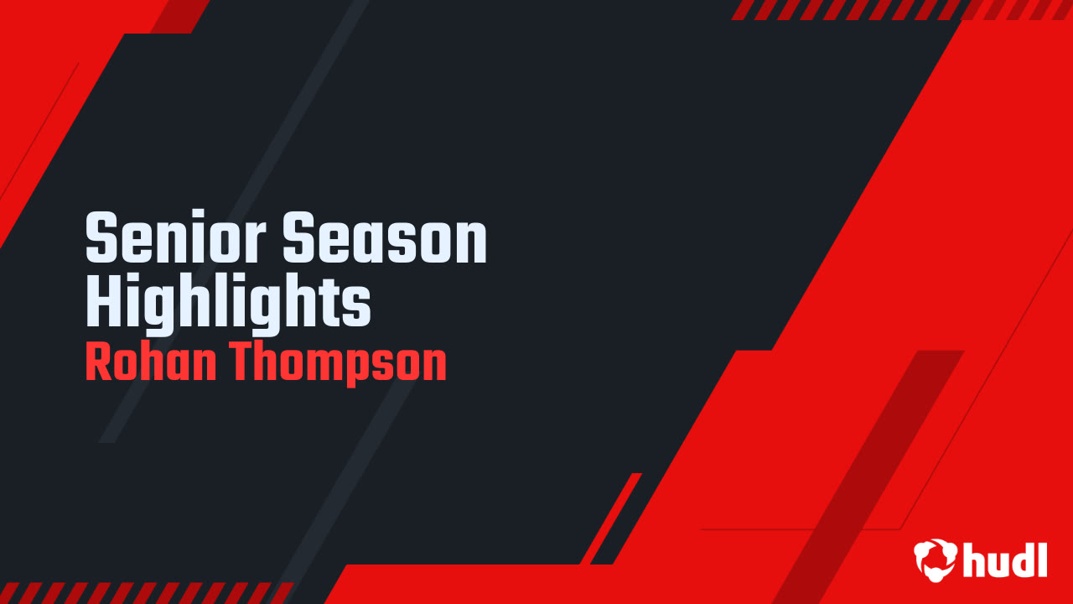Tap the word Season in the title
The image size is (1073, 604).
tap(384, 241)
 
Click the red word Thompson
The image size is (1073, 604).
tap(339, 364)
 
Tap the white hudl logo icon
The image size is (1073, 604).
tap(935, 560)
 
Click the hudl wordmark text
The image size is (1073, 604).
tap(1004, 560)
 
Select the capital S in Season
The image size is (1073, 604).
tap(297, 241)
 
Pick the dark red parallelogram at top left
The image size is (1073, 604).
tap(179, 16)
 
